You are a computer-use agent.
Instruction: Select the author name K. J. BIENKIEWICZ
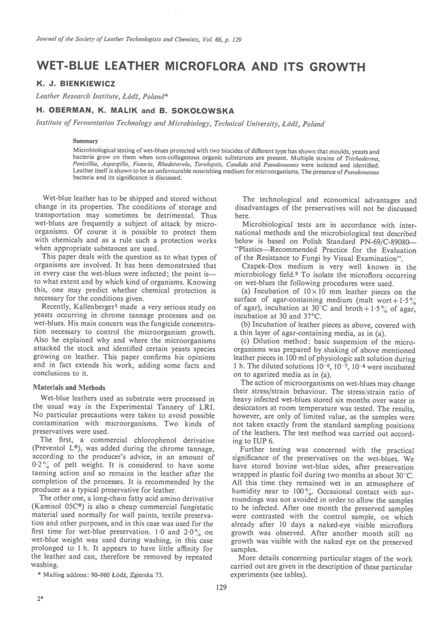coord(75,84)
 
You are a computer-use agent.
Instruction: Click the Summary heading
coord(85,141)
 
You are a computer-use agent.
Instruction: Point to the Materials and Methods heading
coord(69,388)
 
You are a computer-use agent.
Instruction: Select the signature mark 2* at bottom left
coord(40,599)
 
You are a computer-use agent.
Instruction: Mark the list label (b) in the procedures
coord(245,325)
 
